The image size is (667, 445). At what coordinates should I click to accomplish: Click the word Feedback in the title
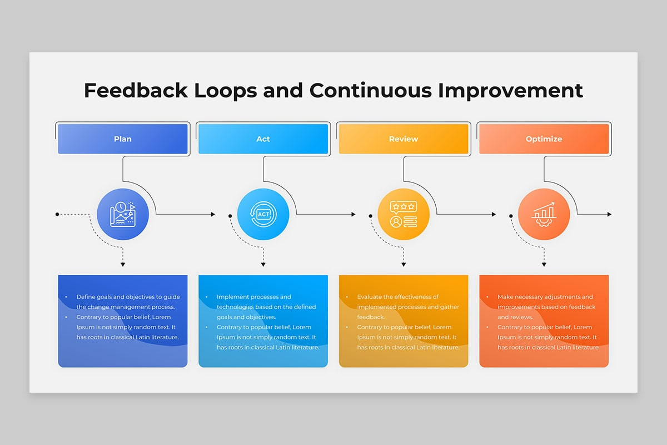click(136, 90)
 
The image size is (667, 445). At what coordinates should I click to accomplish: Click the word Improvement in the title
click(510, 91)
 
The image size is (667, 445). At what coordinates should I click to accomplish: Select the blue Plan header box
click(123, 139)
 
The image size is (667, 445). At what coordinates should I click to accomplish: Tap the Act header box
click(263, 139)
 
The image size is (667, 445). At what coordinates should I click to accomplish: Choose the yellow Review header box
click(404, 139)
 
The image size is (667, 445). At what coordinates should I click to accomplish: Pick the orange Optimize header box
click(544, 139)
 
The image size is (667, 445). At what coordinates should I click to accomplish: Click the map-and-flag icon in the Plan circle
click(123, 214)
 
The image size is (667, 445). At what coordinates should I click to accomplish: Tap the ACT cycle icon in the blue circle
click(263, 214)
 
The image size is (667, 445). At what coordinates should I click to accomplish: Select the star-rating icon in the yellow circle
click(404, 214)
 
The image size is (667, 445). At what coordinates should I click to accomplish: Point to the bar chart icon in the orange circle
click(544, 214)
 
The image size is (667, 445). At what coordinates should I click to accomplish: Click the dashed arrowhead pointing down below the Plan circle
click(123, 264)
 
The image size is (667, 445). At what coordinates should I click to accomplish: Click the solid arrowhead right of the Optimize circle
click(609, 214)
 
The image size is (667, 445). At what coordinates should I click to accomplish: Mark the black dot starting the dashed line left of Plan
click(57, 214)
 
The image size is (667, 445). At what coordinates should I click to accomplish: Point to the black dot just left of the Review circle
click(370, 216)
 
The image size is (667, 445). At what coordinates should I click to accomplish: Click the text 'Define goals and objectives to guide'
click(128, 297)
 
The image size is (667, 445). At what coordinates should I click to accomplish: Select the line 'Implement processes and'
click(253, 297)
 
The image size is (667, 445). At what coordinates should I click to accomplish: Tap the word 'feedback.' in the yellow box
click(371, 317)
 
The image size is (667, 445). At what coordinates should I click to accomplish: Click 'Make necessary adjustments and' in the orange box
click(545, 297)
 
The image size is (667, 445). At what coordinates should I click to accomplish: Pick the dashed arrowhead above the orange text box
click(544, 264)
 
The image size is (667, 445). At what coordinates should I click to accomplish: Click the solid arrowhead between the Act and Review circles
click(354, 214)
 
